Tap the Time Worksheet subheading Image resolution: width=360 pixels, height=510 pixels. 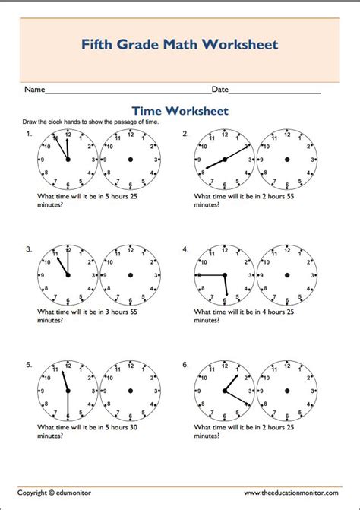click(180, 111)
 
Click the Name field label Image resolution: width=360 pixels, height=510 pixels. click(35, 90)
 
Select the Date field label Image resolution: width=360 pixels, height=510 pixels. click(219, 90)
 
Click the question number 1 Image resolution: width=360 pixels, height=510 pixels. click(29, 134)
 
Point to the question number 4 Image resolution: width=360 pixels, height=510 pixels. click(185, 249)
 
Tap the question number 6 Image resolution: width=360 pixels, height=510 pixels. click(185, 365)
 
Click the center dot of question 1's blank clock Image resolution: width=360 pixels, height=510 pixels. click(131, 159)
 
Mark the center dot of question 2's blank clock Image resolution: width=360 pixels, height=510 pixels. click(287, 159)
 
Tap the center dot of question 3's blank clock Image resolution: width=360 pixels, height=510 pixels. click(131, 274)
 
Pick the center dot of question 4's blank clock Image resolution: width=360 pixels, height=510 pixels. click(287, 274)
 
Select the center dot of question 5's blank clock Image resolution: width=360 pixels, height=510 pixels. click(131, 391)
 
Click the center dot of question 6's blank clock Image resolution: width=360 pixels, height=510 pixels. click(287, 391)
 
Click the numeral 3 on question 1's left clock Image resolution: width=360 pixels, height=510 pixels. click(93, 159)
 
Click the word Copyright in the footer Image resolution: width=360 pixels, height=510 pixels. click(36, 493)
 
